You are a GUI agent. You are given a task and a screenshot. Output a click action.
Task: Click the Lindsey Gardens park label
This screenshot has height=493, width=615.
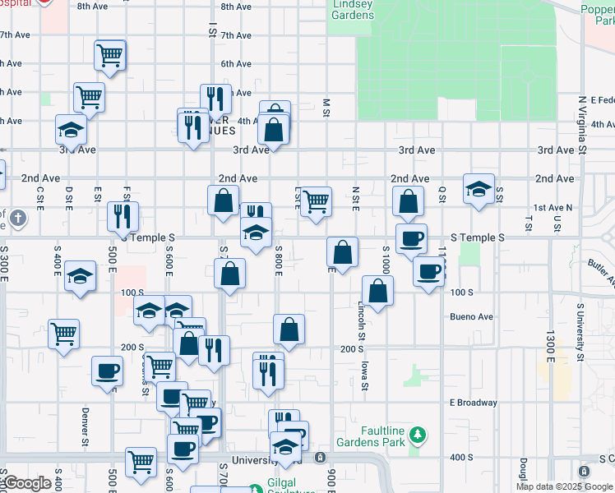click(352, 11)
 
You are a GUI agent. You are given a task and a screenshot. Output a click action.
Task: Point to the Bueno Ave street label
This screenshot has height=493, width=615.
click(471, 316)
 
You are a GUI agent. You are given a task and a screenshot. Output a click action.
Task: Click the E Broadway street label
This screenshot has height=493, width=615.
click(473, 403)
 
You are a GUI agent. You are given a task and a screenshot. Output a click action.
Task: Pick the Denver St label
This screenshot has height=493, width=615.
click(85, 426)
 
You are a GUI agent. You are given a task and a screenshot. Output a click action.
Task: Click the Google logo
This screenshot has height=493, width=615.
click(26, 483)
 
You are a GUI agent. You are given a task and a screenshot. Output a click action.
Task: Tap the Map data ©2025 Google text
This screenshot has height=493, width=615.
click(564, 486)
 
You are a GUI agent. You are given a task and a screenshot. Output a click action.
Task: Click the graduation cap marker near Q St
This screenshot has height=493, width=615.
click(479, 189)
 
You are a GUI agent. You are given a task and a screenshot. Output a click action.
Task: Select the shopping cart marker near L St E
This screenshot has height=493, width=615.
click(315, 201)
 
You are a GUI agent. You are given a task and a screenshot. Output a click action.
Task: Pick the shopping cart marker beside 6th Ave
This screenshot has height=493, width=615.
click(109, 55)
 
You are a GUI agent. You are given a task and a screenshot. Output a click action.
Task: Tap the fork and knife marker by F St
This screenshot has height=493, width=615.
click(123, 217)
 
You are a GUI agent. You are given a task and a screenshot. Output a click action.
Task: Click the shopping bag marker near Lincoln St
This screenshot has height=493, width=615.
click(377, 291)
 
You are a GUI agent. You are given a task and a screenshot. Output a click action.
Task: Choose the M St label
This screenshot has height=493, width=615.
click(326, 108)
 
